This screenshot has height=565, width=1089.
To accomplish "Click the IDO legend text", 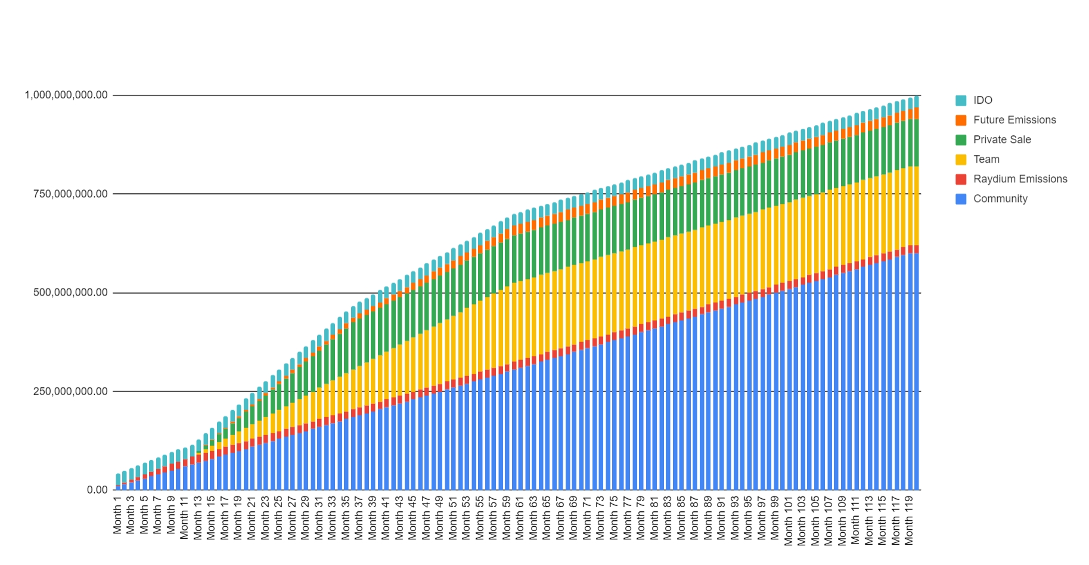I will pyautogui.click(x=982, y=100).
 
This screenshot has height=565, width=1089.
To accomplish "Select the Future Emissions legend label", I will pyautogui.click(x=1014, y=120).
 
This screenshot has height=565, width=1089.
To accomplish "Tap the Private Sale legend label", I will pyautogui.click(x=1001, y=139).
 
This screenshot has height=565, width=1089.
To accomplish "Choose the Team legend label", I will pyautogui.click(x=986, y=159).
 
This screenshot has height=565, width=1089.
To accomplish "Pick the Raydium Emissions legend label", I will pyautogui.click(x=1020, y=179).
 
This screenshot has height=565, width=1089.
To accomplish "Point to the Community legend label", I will pyautogui.click(x=1000, y=198).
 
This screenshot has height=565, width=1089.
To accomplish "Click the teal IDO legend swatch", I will pyautogui.click(x=961, y=100).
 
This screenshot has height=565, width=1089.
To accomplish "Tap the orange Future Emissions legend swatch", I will pyautogui.click(x=961, y=120).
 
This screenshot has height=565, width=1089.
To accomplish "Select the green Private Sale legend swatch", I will pyautogui.click(x=961, y=139).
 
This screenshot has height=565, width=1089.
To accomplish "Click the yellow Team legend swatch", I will pyautogui.click(x=961, y=159).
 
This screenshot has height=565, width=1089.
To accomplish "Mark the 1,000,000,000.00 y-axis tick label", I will pyautogui.click(x=66, y=95).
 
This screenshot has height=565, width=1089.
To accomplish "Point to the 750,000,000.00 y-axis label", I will pyautogui.click(x=70, y=194).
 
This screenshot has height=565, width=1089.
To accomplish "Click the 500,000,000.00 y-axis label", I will pyautogui.click(x=70, y=293).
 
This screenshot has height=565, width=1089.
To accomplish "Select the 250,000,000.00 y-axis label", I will pyautogui.click(x=70, y=392).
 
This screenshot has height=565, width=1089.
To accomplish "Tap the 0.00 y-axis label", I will pyautogui.click(x=97, y=490).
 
